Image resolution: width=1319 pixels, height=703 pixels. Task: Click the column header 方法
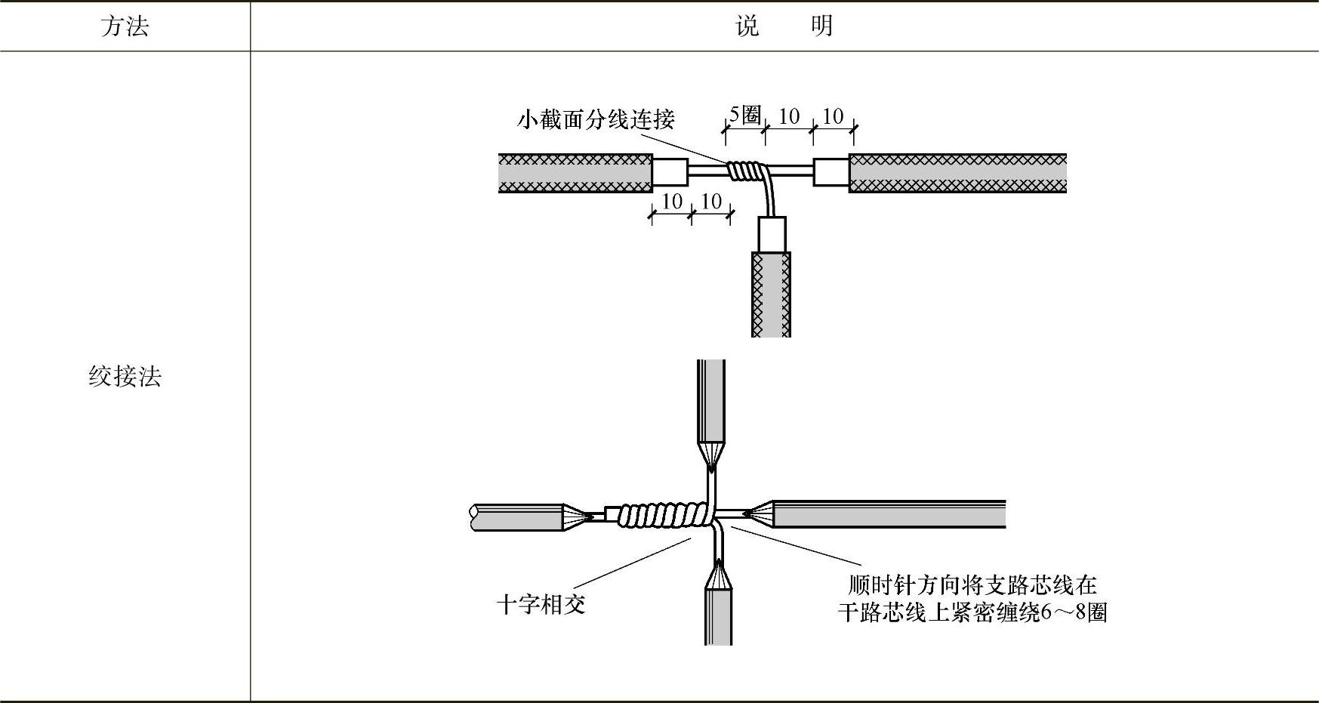(x=125, y=26)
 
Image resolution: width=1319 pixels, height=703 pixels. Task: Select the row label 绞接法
(x=125, y=376)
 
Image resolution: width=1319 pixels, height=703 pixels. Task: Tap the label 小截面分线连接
(x=596, y=119)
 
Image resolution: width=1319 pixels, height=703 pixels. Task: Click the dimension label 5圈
(x=744, y=116)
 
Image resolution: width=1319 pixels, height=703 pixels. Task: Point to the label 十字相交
(x=541, y=604)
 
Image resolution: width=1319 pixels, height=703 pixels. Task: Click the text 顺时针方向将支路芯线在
(x=972, y=585)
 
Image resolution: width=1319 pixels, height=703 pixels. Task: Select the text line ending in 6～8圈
(x=972, y=612)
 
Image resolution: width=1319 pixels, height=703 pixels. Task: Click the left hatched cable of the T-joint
(x=575, y=173)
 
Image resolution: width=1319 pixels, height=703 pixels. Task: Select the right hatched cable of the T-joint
(x=957, y=173)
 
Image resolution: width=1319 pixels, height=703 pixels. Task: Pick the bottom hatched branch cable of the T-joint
(x=771, y=294)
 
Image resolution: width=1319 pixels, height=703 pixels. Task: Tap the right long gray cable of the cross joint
(x=889, y=513)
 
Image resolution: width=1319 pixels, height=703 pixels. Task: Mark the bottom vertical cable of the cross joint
(x=718, y=616)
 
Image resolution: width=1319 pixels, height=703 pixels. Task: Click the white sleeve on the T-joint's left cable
(x=670, y=172)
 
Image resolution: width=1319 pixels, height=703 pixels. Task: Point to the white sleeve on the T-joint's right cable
(x=831, y=172)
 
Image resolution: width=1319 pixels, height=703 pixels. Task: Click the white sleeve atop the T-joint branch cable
(x=772, y=234)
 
